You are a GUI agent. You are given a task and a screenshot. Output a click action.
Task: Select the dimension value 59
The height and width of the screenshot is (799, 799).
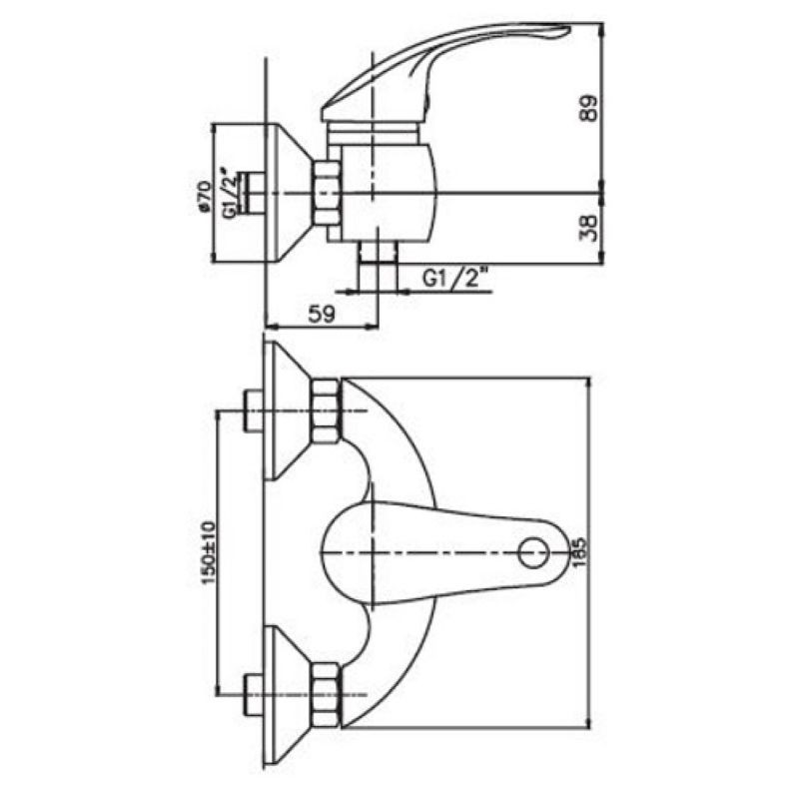click(320, 314)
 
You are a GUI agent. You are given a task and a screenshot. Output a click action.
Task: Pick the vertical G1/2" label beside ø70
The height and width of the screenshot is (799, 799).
click(229, 194)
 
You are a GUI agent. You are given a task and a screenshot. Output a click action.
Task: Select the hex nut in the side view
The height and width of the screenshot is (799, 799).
click(327, 193)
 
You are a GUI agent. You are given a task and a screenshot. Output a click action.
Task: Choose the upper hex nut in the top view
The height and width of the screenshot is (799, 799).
click(326, 411)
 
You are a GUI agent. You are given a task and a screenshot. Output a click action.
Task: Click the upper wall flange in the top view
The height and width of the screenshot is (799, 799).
click(286, 411)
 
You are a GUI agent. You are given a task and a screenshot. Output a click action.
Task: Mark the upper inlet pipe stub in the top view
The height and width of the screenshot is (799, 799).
click(254, 411)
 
